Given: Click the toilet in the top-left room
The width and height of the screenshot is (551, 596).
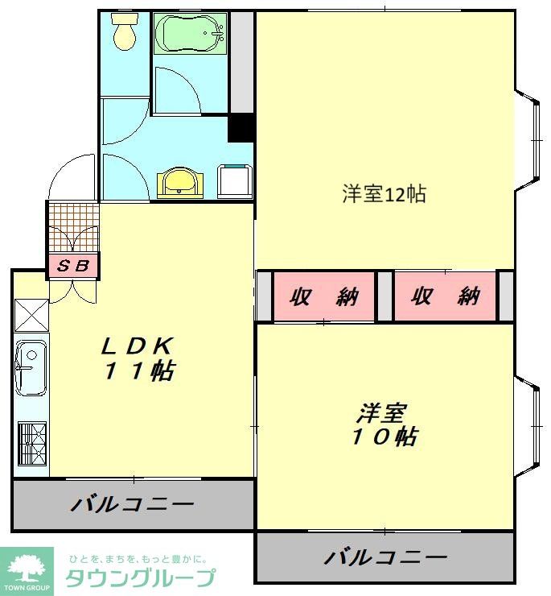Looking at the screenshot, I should click(124, 34).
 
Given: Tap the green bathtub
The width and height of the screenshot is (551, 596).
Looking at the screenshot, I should click(191, 35).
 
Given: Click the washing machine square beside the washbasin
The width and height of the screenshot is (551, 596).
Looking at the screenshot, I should click(235, 180).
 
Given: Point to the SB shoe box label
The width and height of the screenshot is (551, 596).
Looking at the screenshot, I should click(74, 265).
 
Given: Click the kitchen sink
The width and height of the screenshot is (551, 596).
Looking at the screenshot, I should click(31, 367).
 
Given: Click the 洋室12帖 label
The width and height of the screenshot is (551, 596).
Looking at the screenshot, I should click(384, 194).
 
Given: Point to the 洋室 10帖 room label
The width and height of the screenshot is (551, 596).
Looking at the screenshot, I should click(384, 426).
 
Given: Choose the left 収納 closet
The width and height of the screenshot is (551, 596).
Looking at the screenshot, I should click(323, 296).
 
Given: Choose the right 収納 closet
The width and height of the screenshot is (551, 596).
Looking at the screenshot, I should click(446, 296).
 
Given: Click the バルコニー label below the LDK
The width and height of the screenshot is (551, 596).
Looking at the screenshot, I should click(133, 505).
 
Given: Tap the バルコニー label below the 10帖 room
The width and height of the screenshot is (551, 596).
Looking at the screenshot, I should click(386, 557).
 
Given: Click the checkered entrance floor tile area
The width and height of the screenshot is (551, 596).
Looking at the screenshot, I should click(73, 228).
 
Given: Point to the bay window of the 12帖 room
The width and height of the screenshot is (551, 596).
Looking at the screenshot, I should click(529, 139).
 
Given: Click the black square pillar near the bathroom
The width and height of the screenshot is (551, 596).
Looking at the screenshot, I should click(241, 128).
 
